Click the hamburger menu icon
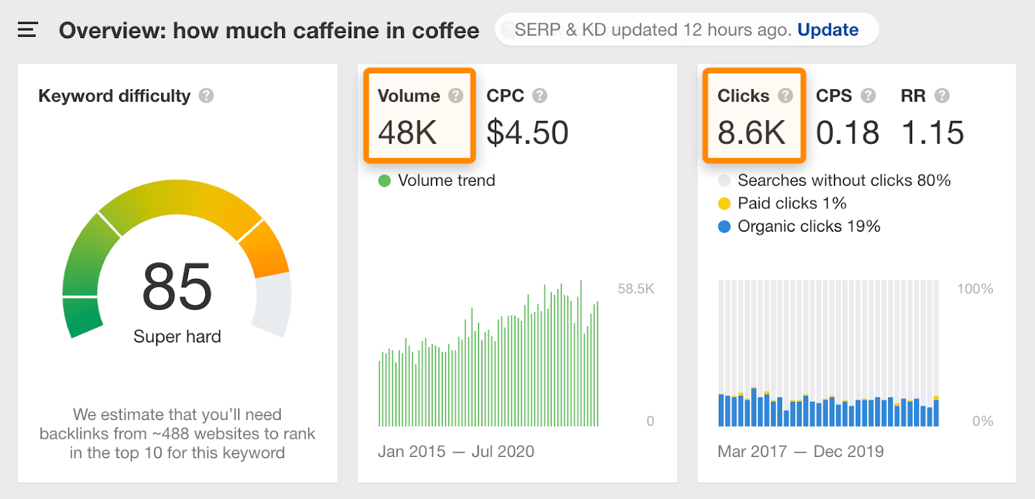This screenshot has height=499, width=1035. click(x=27, y=30)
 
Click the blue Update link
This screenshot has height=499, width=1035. click(x=827, y=30)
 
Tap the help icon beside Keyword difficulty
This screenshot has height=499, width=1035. click(x=206, y=96)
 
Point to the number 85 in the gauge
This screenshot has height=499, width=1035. click(x=177, y=287)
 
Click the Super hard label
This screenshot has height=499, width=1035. click(x=177, y=337)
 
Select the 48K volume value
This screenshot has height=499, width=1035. click(x=408, y=133)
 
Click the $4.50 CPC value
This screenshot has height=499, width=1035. click(x=527, y=133)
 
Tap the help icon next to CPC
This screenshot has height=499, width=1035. click(x=539, y=96)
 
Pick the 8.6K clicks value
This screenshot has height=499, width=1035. click(x=751, y=133)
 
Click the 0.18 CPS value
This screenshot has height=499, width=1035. click(x=847, y=133)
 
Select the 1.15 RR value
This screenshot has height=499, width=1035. click(x=932, y=133)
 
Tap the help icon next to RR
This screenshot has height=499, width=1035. click(x=942, y=96)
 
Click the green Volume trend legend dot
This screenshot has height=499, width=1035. click(x=384, y=181)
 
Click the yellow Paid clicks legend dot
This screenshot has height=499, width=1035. click(x=724, y=204)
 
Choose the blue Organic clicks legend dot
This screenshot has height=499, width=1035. click(x=724, y=227)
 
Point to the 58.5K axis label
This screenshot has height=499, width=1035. click(x=635, y=289)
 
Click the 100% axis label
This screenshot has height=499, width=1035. click(x=975, y=289)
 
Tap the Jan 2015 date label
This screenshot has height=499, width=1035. click(x=411, y=451)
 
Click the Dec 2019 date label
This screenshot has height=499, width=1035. click(x=848, y=451)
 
